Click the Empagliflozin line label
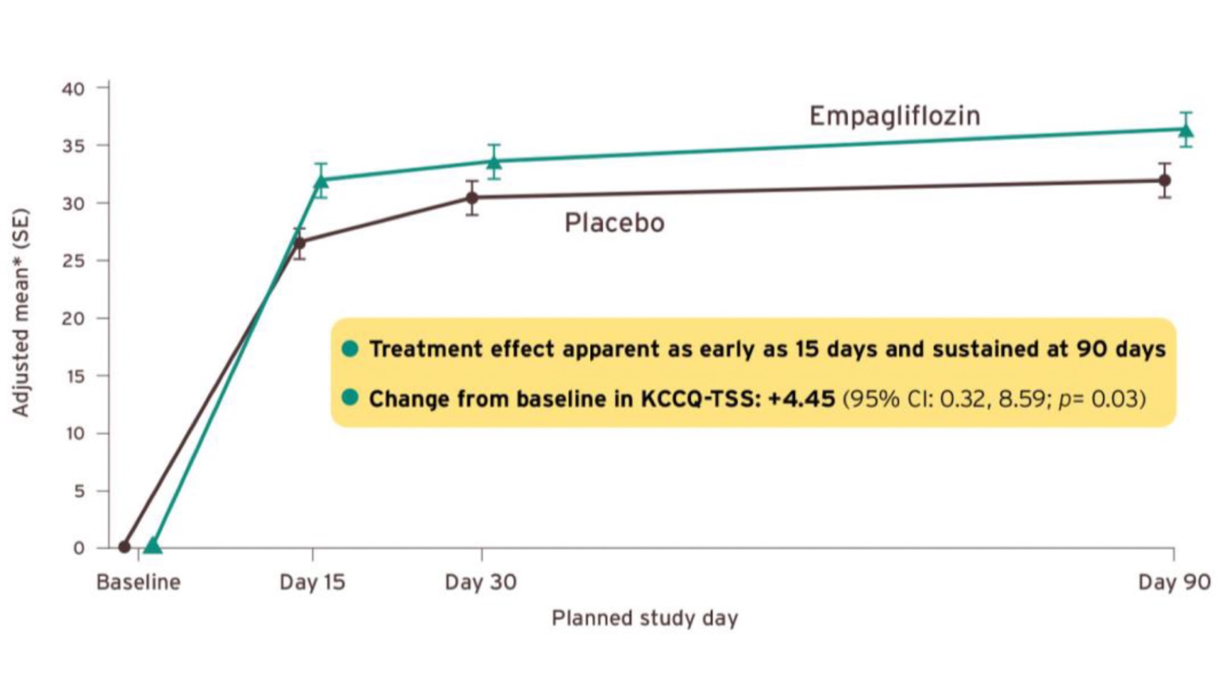click(895, 116)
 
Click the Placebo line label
click(614, 223)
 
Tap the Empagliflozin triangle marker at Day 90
click(1186, 130)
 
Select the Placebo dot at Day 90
click(1164, 180)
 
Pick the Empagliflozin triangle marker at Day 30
click(494, 162)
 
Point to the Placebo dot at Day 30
click(472, 197)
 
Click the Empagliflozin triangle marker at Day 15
click(321, 181)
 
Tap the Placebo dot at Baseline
click(124, 547)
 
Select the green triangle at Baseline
click(153, 546)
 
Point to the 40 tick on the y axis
click(73, 89)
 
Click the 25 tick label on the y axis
click(73, 261)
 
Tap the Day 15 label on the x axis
click(312, 582)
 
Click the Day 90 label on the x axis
click(1174, 582)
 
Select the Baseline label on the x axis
click(138, 582)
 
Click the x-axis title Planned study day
click(645, 618)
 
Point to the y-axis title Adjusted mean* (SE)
click(21, 313)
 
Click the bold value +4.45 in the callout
click(802, 399)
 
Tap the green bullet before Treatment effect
click(350, 349)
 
